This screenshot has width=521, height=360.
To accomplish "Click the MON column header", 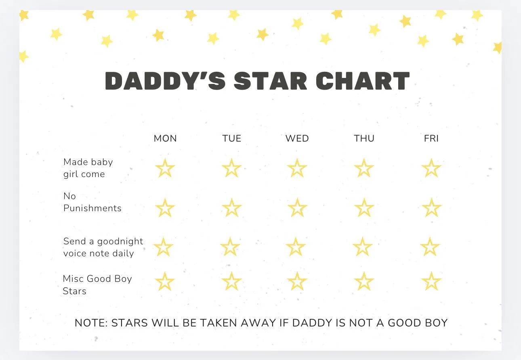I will click(x=165, y=138).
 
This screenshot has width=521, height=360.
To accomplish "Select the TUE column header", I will click(x=232, y=138).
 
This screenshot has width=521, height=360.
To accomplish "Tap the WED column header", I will click(x=297, y=138).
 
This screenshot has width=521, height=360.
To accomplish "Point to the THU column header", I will click(x=364, y=138).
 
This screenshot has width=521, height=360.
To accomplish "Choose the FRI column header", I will click(x=431, y=138).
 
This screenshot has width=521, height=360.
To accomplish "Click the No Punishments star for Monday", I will click(x=165, y=208).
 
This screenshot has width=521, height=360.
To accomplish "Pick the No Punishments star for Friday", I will click(x=431, y=208).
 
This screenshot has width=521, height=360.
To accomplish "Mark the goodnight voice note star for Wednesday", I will click(x=296, y=247).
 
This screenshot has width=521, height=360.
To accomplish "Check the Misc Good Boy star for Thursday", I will click(x=364, y=281).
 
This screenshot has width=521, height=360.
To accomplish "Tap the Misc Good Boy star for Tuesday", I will click(x=232, y=281).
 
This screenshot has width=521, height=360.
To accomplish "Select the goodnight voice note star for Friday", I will click(x=430, y=247).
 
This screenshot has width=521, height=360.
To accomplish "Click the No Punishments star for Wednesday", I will click(x=298, y=208).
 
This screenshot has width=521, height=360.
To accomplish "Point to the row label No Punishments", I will click(x=92, y=202).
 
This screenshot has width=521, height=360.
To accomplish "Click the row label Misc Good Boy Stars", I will click(x=97, y=285).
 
